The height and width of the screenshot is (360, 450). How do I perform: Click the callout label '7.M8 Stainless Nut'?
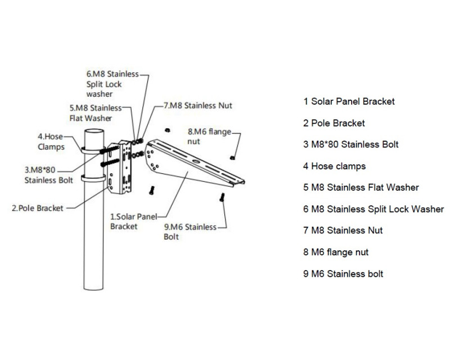click(x=198, y=106)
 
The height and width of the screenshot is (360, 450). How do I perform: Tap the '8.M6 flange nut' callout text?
click(x=209, y=136)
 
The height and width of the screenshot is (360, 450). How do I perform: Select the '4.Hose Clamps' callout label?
click(x=51, y=142)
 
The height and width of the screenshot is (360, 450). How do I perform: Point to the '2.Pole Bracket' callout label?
click(x=37, y=208)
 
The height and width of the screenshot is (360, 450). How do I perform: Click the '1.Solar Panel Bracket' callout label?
click(x=133, y=221)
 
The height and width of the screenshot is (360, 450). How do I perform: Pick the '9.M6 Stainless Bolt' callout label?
click(x=190, y=232)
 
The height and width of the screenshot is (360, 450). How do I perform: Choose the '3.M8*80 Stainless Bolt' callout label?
click(x=48, y=175)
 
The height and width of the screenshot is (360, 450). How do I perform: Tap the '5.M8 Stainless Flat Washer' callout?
click(x=96, y=113)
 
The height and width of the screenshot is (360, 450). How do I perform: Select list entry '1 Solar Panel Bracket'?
click(x=349, y=101)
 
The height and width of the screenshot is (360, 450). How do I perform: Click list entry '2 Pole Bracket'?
click(x=334, y=123)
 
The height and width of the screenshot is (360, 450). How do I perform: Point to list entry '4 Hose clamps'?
click(x=335, y=166)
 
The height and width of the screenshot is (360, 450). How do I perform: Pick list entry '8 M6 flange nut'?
click(x=336, y=253)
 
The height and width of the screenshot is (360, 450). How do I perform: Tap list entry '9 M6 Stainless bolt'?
click(x=343, y=274)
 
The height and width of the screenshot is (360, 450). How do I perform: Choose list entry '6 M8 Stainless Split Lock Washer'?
click(x=373, y=209)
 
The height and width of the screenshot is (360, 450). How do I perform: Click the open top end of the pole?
click(x=94, y=132)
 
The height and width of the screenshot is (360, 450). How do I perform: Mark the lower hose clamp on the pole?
click(x=93, y=178)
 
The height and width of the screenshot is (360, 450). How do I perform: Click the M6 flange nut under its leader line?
click(x=232, y=157)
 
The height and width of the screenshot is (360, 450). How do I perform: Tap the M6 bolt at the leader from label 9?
click(x=222, y=197)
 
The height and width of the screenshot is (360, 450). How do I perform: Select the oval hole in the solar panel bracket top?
click(x=196, y=161)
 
